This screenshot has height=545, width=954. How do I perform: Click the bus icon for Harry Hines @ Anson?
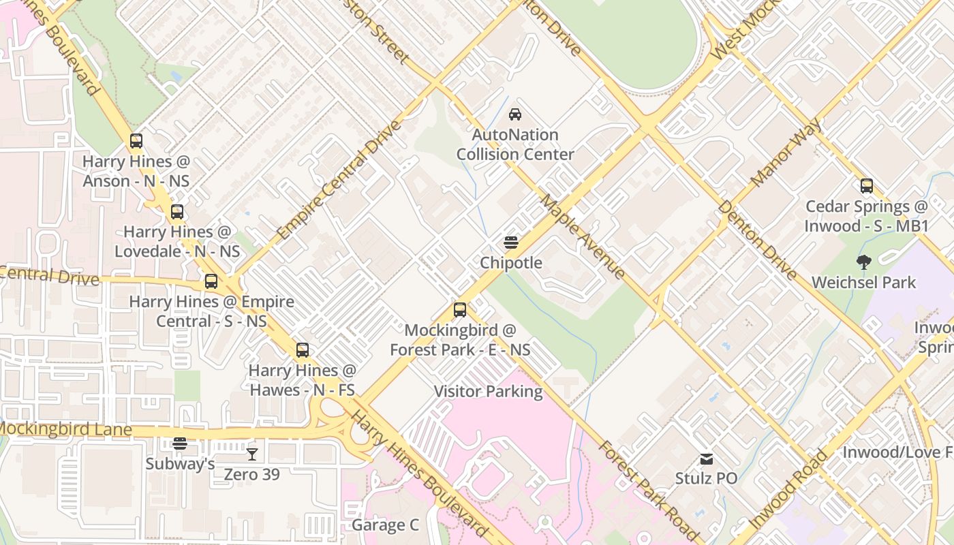tap(136, 141)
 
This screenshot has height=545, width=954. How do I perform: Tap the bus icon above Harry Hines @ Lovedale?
tap(177, 212)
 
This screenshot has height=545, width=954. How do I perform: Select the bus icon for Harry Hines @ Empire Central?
tap(211, 281)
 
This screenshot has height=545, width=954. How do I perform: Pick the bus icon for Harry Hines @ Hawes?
tap(303, 350)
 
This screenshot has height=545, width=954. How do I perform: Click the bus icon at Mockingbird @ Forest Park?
tap(460, 310)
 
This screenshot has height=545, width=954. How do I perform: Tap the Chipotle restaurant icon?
tap(511, 243)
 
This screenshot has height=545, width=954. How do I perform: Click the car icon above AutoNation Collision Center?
tap(515, 114)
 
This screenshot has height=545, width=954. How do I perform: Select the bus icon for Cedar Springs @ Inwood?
tap(866, 186)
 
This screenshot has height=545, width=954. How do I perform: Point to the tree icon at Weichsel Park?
tap(863, 262)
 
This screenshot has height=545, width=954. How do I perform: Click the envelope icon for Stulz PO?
tap(706, 459)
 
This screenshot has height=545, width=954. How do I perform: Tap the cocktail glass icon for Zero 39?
tap(252, 454)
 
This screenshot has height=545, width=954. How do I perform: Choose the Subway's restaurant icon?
tap(180, 443)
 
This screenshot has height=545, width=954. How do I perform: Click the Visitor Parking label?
tap(489, 392)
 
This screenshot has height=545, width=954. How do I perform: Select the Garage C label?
tap(385, 525)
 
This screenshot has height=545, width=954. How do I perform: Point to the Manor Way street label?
tap(786, 153)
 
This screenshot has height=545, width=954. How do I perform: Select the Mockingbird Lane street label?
tap(65, 429)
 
